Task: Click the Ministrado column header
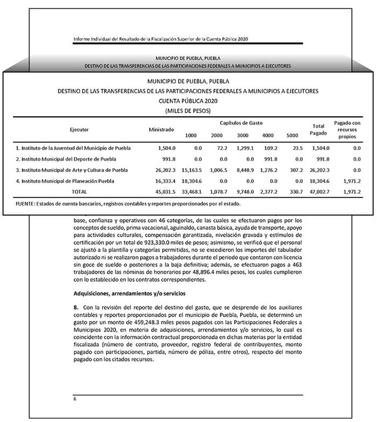pos(162,130)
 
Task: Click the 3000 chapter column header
pos(242,135)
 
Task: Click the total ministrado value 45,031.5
pos(163,192)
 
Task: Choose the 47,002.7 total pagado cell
pos(318,192)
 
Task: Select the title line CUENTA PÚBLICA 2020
pos(188,101)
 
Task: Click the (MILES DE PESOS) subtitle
pos(188,110)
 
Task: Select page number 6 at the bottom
pos(75,399)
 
